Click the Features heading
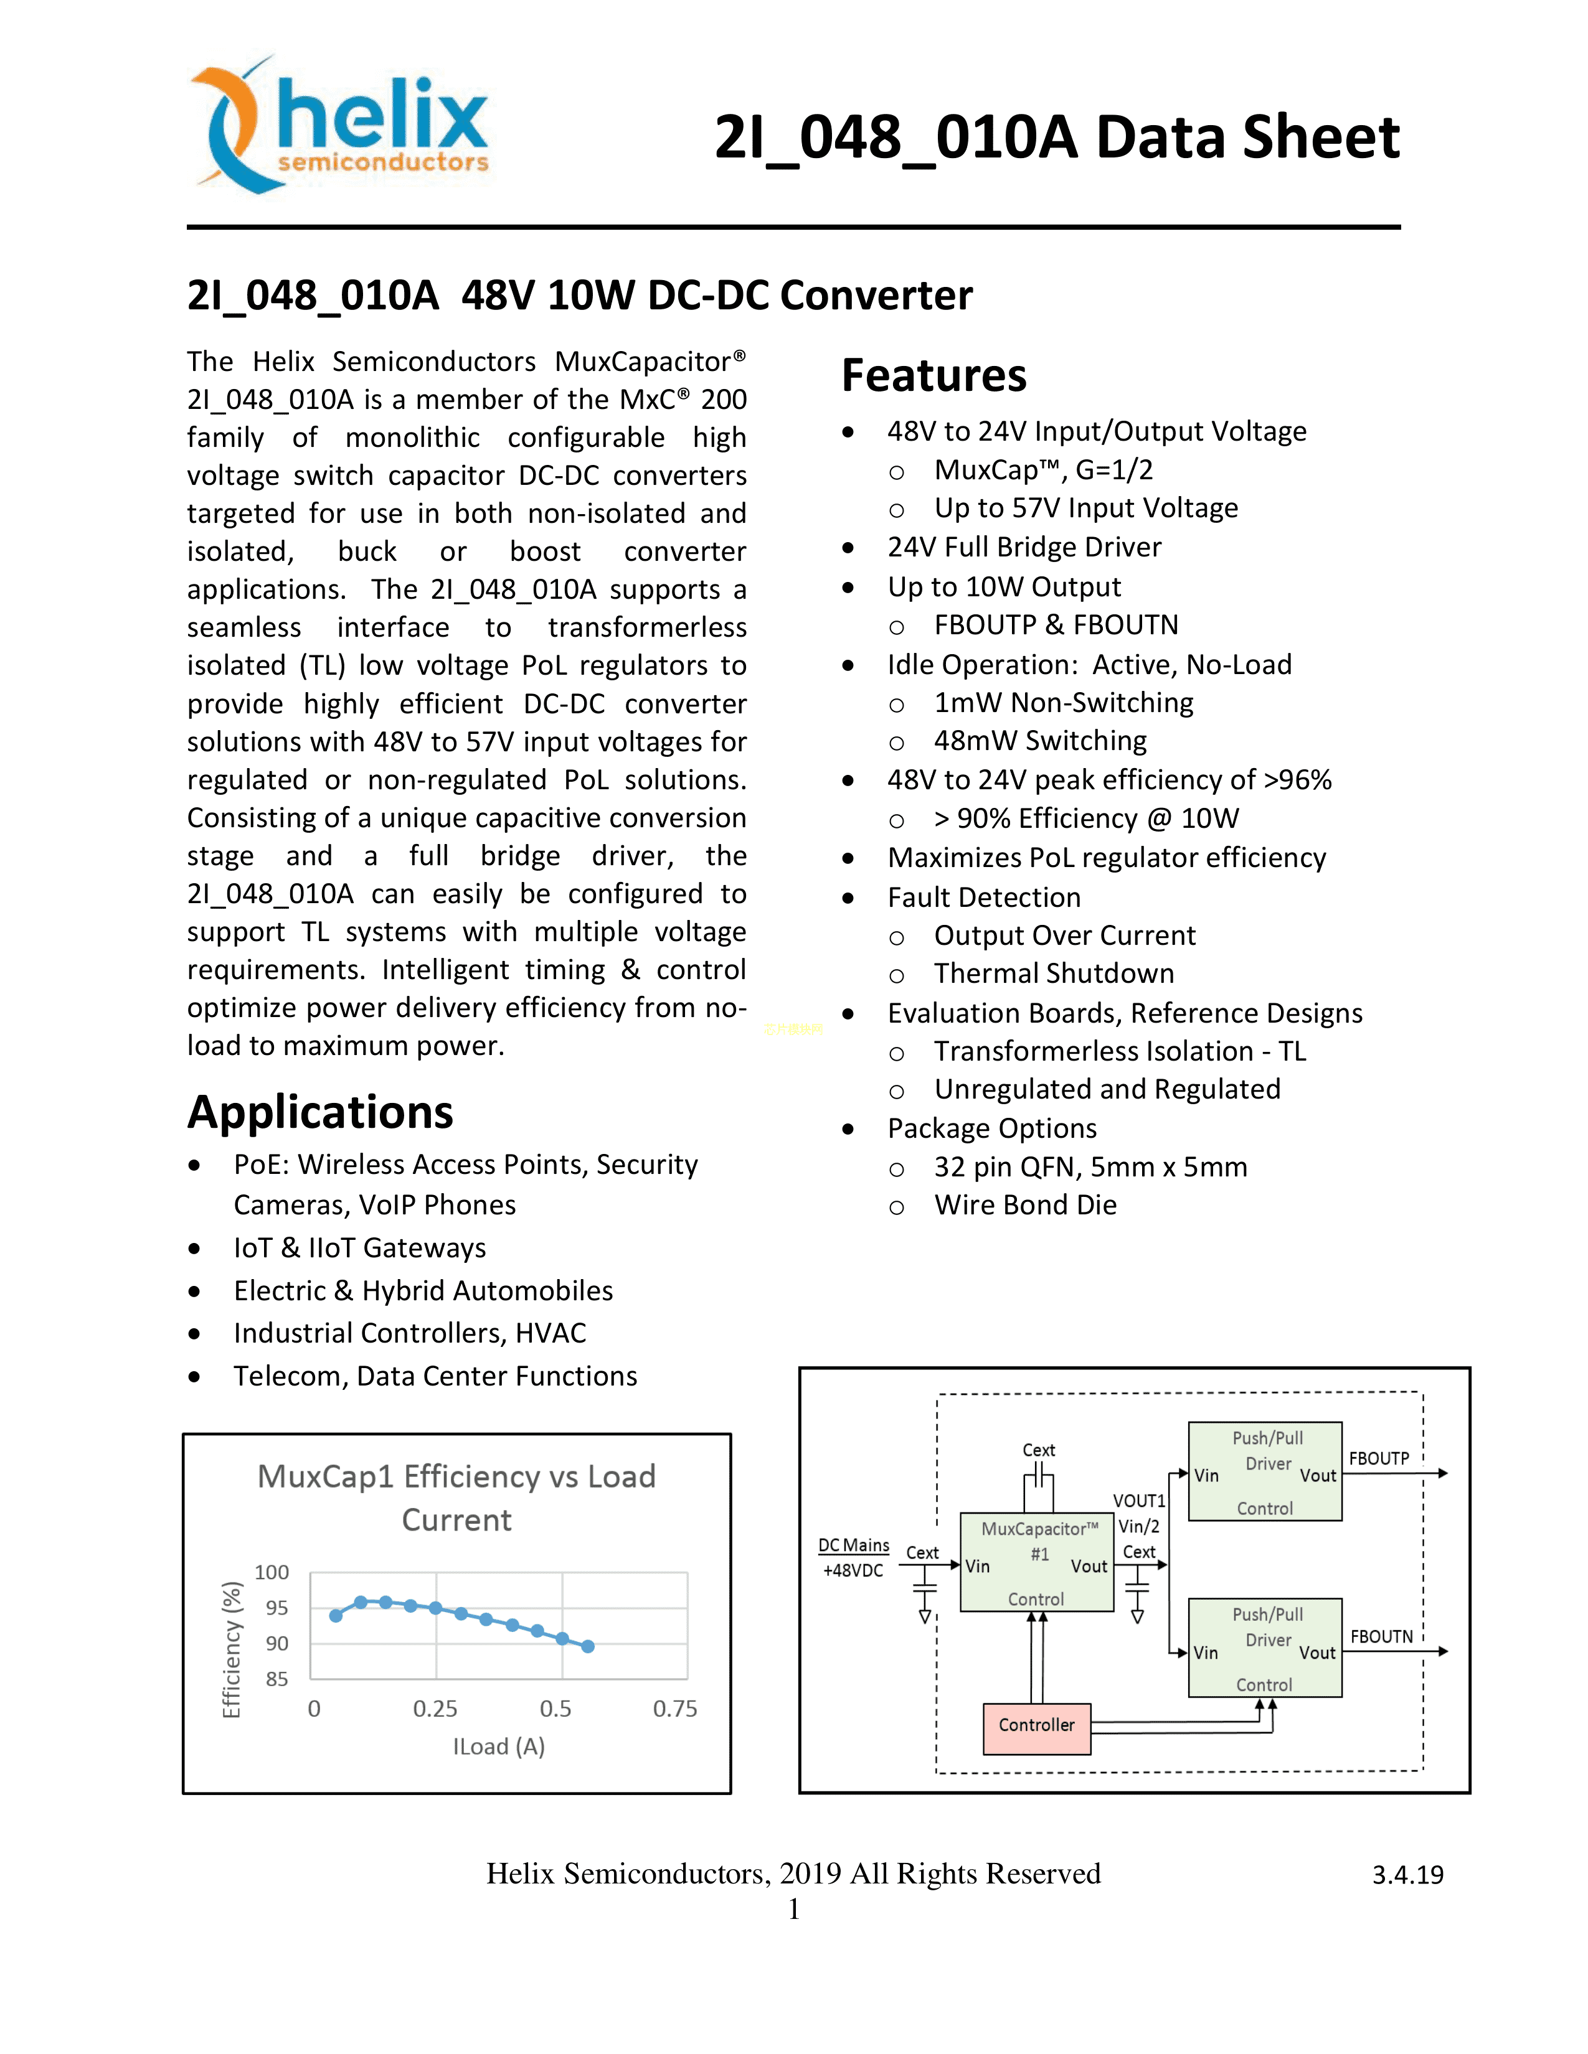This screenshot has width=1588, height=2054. (x=933, y=375)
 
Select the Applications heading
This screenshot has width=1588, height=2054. (x=320, y=1113)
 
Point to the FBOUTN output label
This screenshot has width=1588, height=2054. (x=1381, y=1636)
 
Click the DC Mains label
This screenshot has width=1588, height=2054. (x=853, y=1545)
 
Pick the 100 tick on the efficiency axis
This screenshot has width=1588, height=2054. (x=272, y=1572)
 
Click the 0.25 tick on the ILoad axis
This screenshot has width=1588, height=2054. (x=435, y=1709)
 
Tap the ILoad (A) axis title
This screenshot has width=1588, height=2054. (x=499, y=1747)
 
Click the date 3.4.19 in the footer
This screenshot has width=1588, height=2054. (x=1407, y=1875)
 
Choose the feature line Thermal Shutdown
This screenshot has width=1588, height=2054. (x=1054, y=973)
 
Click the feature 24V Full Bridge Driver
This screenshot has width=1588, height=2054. (x=1024, y=547)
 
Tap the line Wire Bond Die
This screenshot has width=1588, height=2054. (x=1026, y=1205)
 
